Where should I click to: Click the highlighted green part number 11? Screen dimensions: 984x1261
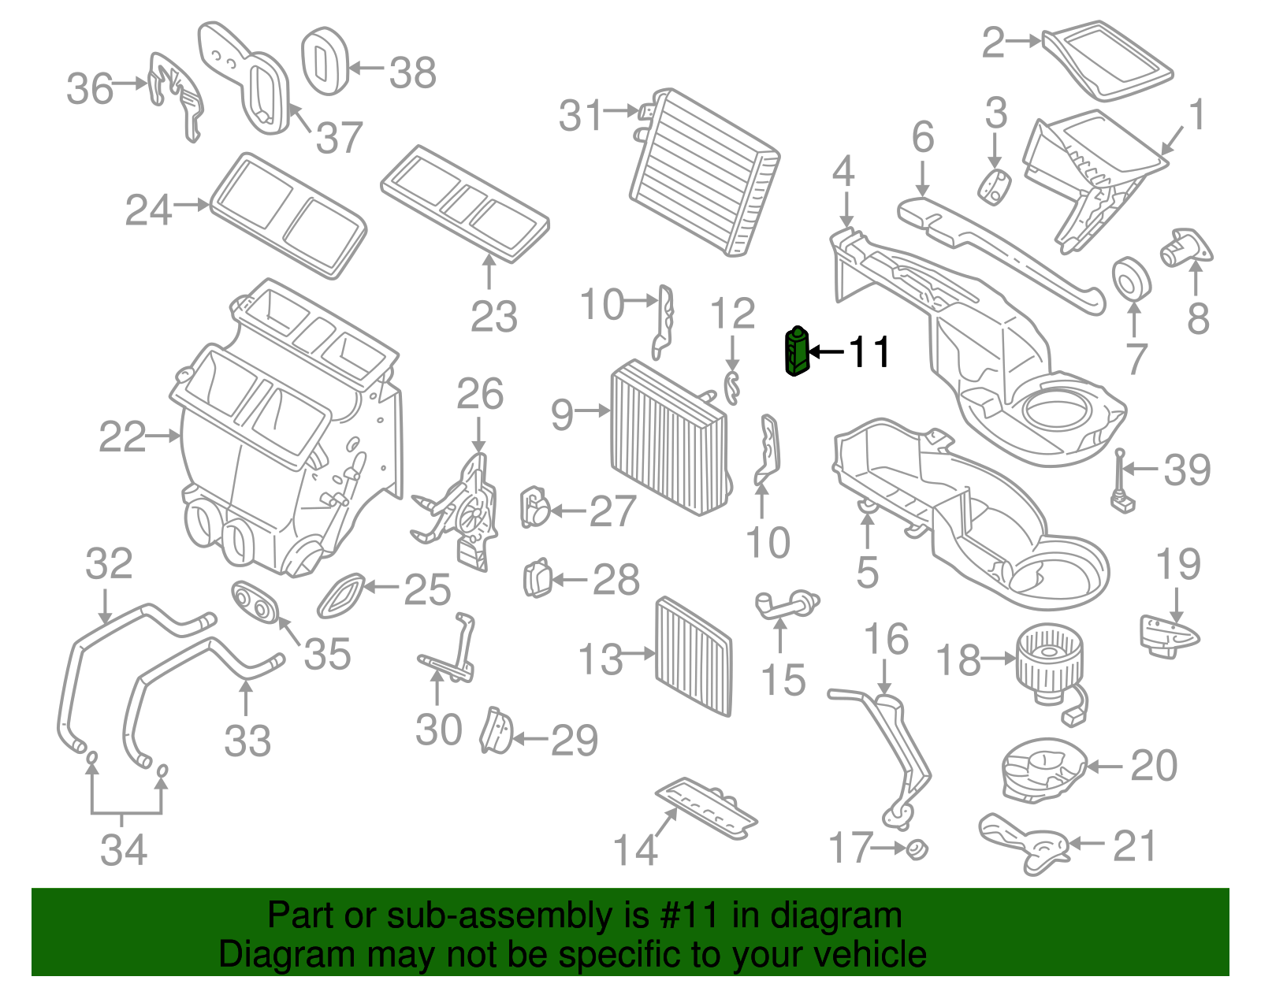coord(796,352)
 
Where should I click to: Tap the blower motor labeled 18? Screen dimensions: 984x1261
coord(1048,662)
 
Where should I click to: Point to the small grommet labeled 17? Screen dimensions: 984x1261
coord(917,849)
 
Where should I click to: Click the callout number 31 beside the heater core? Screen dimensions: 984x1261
coord(581,116)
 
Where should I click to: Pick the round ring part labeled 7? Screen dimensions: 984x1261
coord(1131,279)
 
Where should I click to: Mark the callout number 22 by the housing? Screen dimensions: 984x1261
coord(122,436)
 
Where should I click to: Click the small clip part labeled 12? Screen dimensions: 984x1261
coord(732,388)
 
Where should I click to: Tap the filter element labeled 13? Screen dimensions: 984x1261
coord(694,655)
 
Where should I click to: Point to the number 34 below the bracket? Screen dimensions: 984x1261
coord(124,850)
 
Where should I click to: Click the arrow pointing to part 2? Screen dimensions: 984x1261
coord(1025,41)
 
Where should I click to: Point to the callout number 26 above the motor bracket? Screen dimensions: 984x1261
coord(480,394)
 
